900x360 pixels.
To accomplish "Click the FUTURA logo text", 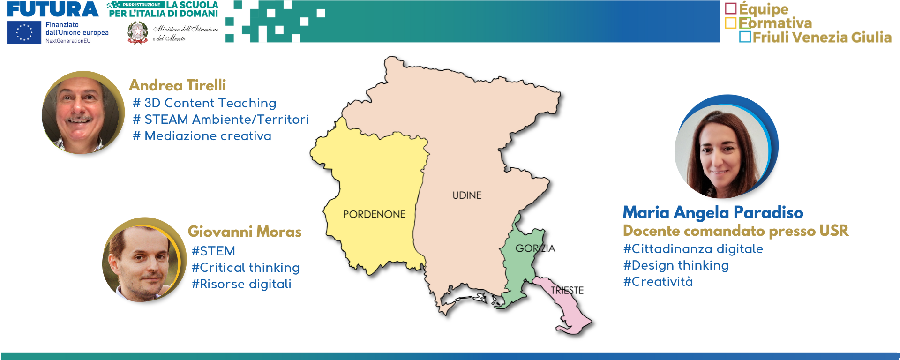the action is click(x=53, y=9).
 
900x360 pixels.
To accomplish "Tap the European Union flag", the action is click(x=24, y=33).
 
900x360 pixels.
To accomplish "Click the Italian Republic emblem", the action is click(x=137, y=33).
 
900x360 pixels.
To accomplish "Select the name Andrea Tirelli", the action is click(x=178, y=85).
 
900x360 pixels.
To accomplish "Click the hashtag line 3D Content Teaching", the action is click(x=205, y=103).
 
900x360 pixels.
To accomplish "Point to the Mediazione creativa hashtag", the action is click(x=202, y=136).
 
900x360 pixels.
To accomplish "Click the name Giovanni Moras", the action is click(x=245, y=232).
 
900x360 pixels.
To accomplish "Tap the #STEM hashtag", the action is click(x=213, y=251).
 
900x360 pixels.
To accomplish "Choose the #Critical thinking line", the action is click(x=246, y=268).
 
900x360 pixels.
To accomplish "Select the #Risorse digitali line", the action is click(x=241, y=284).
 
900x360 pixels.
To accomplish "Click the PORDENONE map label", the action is click(x=374, y=214).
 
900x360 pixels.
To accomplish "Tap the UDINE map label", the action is click(x=467, y=195).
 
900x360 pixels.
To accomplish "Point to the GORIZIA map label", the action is click(x=535, y=248).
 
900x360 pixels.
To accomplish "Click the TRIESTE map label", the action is click(x=567, y=291).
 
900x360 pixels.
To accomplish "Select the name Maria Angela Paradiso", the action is click(x=713, y=213).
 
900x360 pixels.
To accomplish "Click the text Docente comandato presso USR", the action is click(x=736, y=231).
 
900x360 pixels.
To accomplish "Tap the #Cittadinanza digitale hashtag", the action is click(x=693, y=249).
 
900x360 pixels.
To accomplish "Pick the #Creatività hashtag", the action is click(x=658, y=282).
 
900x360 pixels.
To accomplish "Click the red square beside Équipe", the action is click(x=731, y=8).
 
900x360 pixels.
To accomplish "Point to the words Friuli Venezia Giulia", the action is click(x=822, y=37).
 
